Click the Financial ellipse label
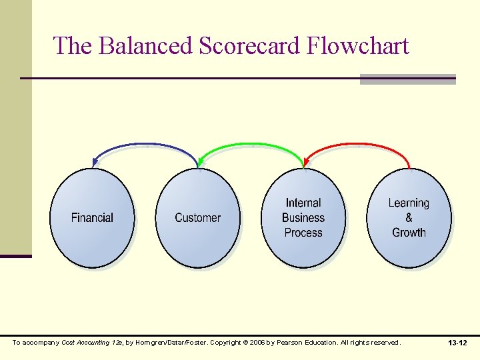pyautogui.click(x=92, y=218)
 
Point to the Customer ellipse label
pyautogui.click(x=197, y=218)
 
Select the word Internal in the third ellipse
pyautogui.click(x=303, y=203)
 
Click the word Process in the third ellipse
pyautogui.click(x=303, y=233)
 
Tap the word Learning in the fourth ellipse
pyautogui.click(x=409, y=203)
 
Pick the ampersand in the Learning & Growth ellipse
pyautogui.click(x=409, y=218)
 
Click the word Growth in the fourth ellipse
pyautogui.click(x=409, y=233)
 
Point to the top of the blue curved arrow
pyautogui.click(x=145, y=144)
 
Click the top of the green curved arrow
pyautogui.click(x=251, y=144)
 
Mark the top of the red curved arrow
pyautogui.click(x=357, y=144)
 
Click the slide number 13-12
pyautogui.click(x=458, y=343)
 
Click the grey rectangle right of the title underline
pyautogui.click(x=407, y=79)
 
